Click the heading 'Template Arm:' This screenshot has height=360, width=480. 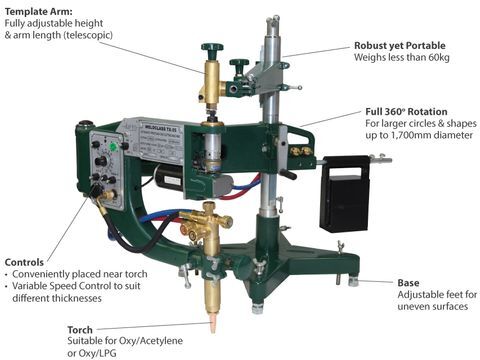(x=39, y=12)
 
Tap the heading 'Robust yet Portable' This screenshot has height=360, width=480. (x=400, y=46)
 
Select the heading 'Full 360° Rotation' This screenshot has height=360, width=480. (x=406, y=111)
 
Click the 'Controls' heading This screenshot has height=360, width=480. (x=24, y=262)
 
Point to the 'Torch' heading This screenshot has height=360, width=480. (x=80, y=330)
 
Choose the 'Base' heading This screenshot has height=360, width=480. (x=408, y=283)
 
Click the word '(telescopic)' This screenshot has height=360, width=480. (x=88, y=35)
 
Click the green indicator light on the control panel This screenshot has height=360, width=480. (x=113, y=146)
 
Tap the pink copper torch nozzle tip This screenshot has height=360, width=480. (x=212, y=326)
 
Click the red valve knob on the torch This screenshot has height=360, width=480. (x=184, y=228)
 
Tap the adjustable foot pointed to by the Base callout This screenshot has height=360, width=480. (x=354, y=281)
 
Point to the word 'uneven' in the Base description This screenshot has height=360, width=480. (x=414, y=306)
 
